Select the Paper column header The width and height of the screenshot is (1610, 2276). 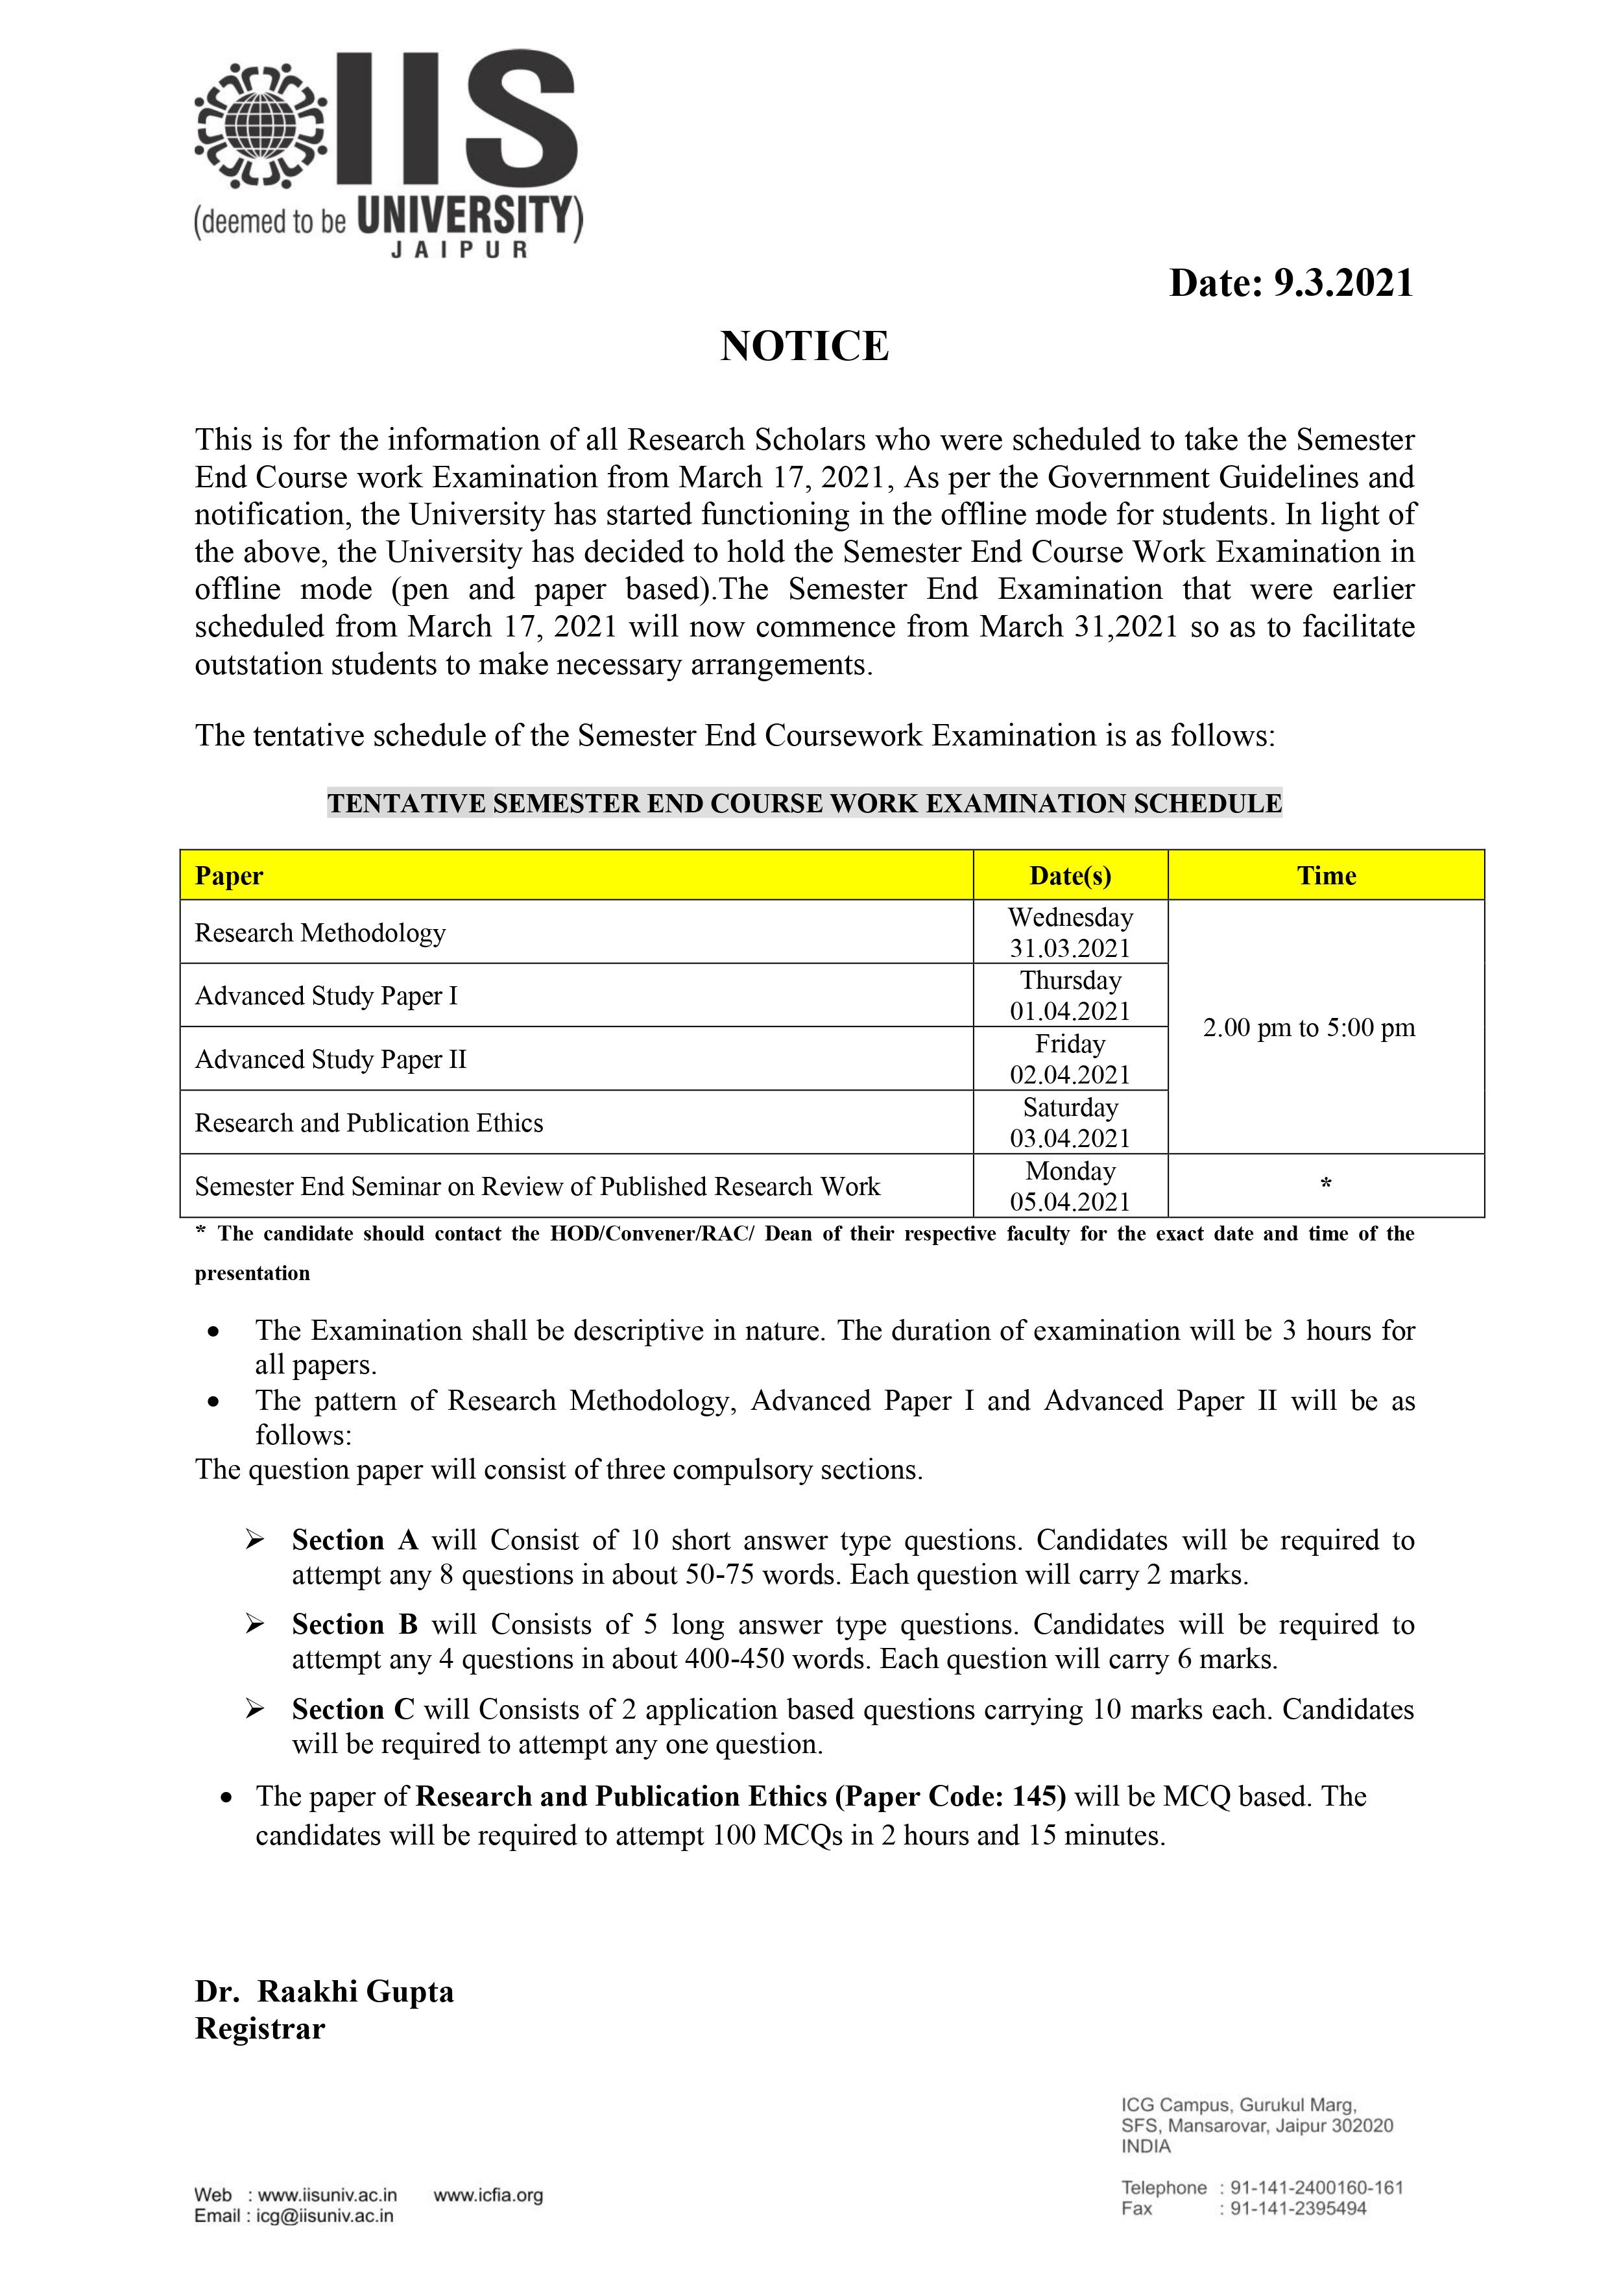pos(229,877)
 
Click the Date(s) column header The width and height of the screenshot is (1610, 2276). pos(1070,877)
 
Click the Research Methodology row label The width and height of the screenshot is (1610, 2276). pos(320,933)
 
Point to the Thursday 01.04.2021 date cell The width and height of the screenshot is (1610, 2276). pos(1070,995)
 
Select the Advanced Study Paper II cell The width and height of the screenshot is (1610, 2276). pos(330,1059)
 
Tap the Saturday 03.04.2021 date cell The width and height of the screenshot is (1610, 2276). pos(1070,1122)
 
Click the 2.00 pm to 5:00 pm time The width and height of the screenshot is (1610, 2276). pos(1308,1028)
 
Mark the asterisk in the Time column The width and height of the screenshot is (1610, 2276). pos(1325,1183)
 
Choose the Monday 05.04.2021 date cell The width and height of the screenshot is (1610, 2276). pos(1070,1187)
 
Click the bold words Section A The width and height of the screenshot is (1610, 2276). pos(355,1540)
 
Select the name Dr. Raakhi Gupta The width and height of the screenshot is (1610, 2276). pos(324,1992)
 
